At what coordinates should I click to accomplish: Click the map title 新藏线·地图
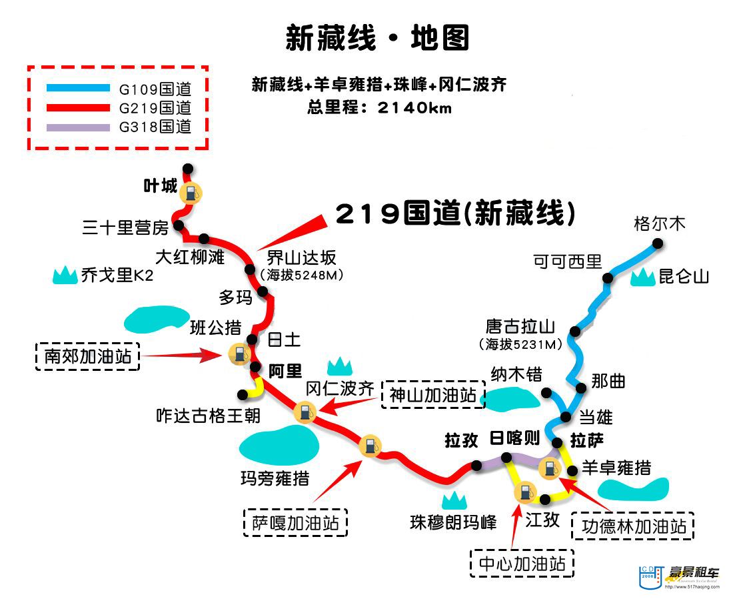tap(377, 38)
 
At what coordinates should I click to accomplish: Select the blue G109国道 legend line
tap(78, 87)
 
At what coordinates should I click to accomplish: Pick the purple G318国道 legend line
tap(78, 127)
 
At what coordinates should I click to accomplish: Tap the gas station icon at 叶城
tap(191, 193)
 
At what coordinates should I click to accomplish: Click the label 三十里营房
tap(125, 228)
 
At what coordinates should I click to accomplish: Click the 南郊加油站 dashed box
tap(87, 356)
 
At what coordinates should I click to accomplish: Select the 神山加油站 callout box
tap(433, 395)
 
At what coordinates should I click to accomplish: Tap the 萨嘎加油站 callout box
tap(295, 522)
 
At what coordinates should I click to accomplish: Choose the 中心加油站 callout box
tap(522, 564)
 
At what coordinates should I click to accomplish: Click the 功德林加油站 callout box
tap(633, 526)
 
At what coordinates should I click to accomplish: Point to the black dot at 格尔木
tap(657, 244)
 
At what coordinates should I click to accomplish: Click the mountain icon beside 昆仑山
tap(642, 277)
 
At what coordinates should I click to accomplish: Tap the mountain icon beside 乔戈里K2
tap(65, 274)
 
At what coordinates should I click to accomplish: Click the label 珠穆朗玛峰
tap(453, 522)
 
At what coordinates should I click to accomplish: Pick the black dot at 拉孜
tap(476, 466)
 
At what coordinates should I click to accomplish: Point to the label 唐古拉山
tap(520, 327)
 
